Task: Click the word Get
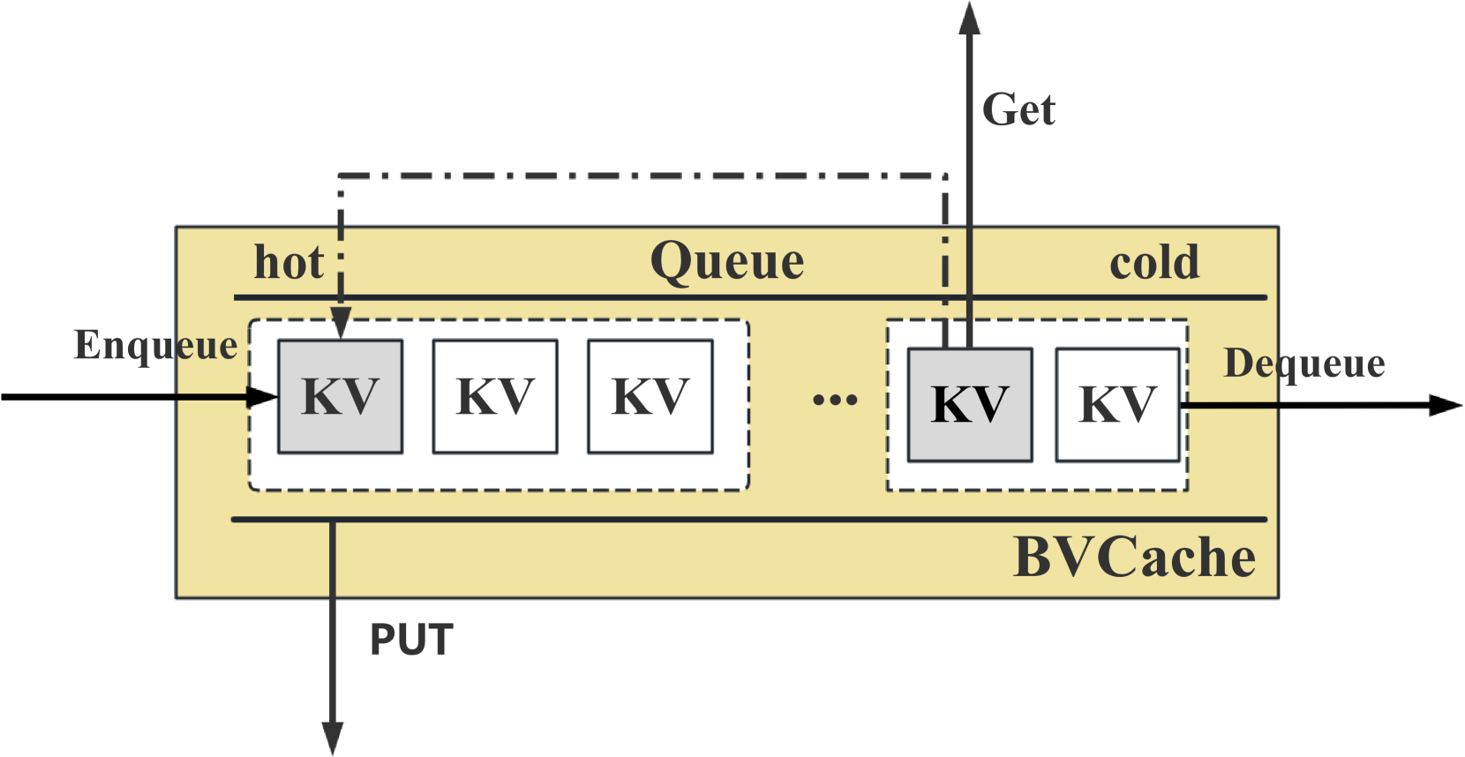(x=1018, y=110)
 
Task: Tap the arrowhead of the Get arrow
(x=969, y=18)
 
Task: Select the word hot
(x=289, y=262)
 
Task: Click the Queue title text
(x=726, y=261)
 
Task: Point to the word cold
(x=1154, y=262)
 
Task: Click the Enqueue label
(x=155, y=345)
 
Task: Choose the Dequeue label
(x=1303, y=364)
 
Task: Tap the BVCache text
(x=1134, y=558)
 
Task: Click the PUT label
(x=411, y=640)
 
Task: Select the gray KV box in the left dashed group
(x=341, y=396)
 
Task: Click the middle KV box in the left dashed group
(x=495, y=396)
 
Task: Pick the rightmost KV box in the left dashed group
(x=650, y=396)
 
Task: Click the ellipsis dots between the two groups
(x=834, y=400)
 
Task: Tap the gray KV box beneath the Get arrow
(x=970, y=405)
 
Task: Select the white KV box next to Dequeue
(x=1117, y=405)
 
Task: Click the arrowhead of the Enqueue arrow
(x=262, y=397)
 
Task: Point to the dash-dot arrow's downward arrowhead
(x=341, y=324)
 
